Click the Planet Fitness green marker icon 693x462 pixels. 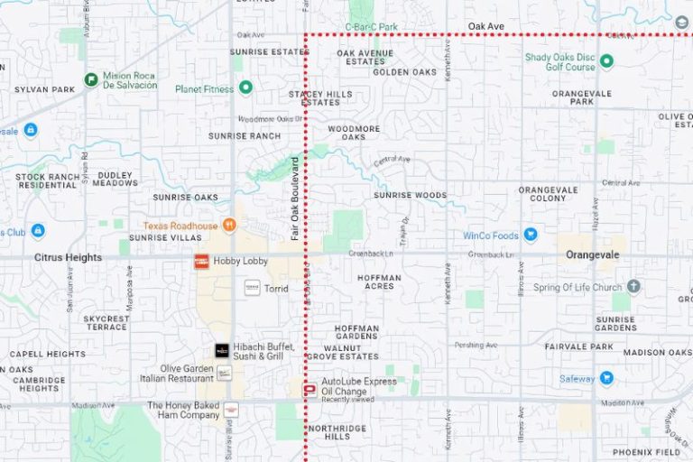coord(245,88)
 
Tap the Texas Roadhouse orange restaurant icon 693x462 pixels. coord(230,225)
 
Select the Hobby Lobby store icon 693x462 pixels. coord(202,261)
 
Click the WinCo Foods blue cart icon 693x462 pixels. coord(531,236)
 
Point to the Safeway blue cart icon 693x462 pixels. coord(606,378)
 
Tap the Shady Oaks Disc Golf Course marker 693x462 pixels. coord(607,61)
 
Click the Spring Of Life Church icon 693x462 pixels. coord(634,287)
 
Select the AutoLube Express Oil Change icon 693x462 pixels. coord(310,389)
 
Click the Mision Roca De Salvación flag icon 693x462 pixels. coord(91,79)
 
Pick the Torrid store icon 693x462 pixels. coord(252,288)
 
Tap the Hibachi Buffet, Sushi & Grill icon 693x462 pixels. coord(222,350)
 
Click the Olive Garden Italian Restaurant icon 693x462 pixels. coord(224,373)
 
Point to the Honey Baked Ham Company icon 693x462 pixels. coord(231,411)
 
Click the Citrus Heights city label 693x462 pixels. coord(68,257)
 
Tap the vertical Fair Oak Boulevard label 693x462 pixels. coord(294,198)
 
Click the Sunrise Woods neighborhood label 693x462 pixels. coord(411,195)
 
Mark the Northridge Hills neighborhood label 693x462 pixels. coord(337,431)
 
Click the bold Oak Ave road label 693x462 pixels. coord(485,27)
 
